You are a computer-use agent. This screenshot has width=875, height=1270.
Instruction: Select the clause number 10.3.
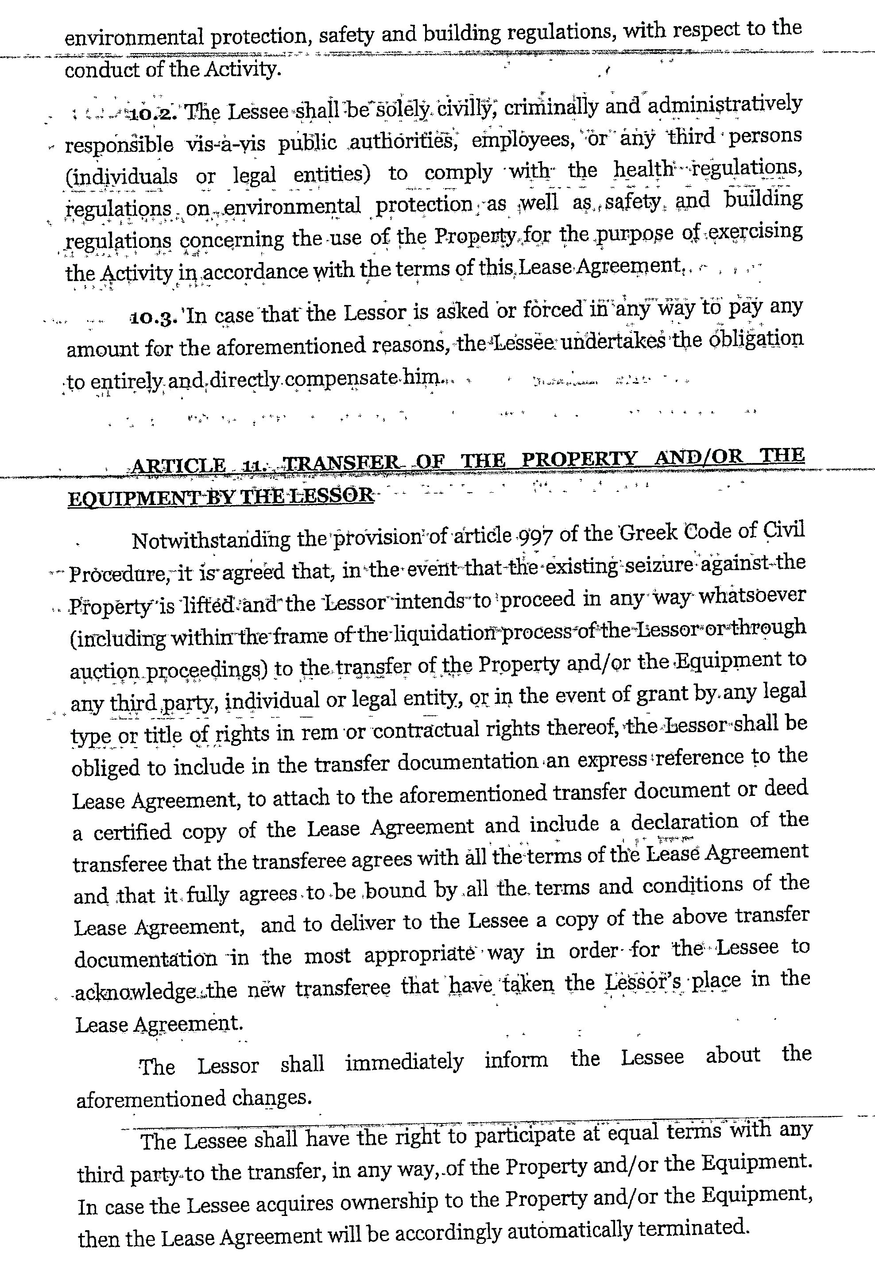[x=154, y=318]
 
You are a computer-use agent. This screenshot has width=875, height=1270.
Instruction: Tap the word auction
[x=104, y=672]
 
